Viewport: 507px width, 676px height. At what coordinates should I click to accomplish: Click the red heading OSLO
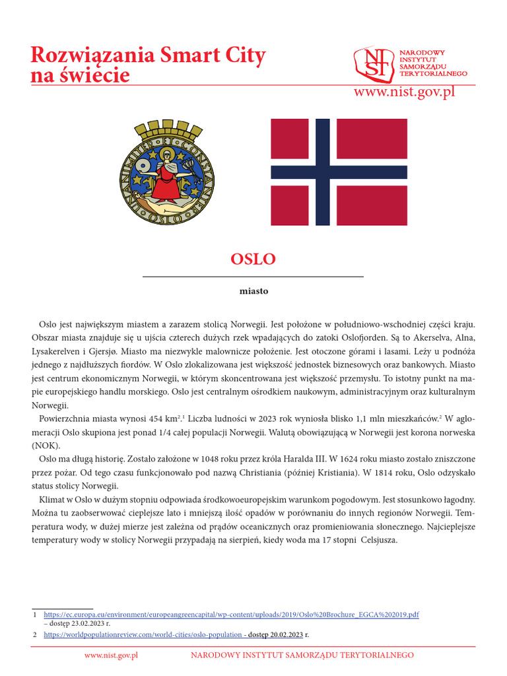tap(253, 259)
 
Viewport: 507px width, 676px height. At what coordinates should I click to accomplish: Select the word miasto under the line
tap(253, 290)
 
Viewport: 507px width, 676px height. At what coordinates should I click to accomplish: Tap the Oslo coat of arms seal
tap(163, 172)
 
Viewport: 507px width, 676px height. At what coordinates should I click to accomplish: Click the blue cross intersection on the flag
tap(322, 172)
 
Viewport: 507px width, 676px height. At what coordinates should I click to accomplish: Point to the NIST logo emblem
tap(372, 63)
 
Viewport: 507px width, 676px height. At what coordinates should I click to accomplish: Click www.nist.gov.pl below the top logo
tap(404, 92)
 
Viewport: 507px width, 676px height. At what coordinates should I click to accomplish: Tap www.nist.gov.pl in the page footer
tap(111, 655)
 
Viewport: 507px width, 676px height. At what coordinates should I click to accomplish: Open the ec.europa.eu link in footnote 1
tap(231, 615)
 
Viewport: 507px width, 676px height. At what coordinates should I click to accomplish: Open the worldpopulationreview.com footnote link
tap(142, 634)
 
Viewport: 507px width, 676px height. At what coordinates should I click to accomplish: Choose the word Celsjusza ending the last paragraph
tap(376, 539)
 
